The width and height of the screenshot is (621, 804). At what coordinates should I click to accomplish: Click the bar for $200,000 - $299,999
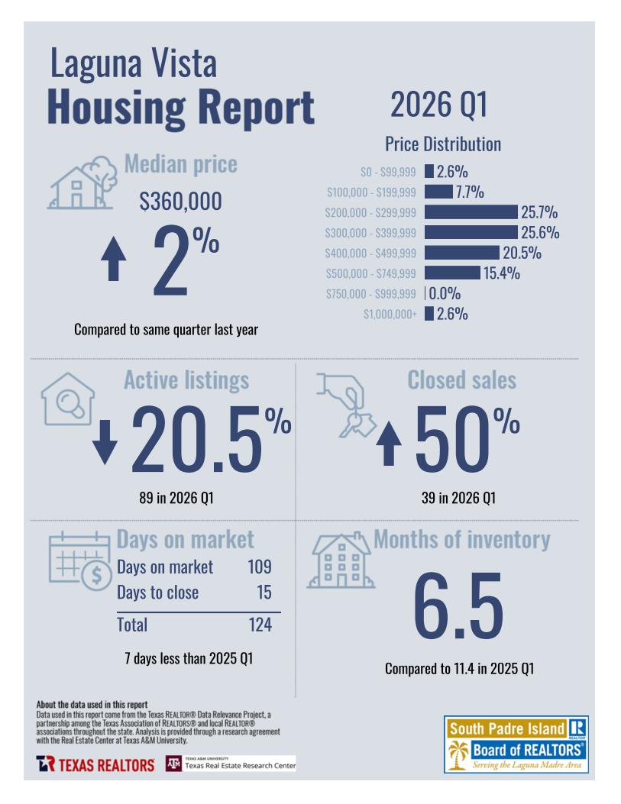pos(471,212)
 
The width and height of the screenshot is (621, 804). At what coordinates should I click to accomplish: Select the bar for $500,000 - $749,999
pos(451,273)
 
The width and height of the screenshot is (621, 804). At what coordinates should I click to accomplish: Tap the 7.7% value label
pos(470,192)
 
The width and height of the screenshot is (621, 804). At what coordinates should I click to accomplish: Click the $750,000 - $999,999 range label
pos(371,293)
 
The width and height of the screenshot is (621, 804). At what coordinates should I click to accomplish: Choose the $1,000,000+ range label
pos(390,314)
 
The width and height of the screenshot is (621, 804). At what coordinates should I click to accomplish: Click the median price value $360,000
pos(180,202)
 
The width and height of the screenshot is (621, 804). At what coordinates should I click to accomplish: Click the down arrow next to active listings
pos(105,444)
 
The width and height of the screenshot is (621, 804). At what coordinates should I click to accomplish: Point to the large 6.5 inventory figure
pos(458,605)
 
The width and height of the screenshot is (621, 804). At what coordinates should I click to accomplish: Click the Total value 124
pos(260,625)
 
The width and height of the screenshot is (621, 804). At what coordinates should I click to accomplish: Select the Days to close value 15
pos(264,593)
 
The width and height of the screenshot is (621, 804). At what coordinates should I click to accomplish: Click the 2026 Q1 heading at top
pos(438,105)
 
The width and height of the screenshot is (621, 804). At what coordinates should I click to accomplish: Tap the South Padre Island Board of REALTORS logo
pos(516,744)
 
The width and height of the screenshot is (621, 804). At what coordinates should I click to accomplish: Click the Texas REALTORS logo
pos(95,764)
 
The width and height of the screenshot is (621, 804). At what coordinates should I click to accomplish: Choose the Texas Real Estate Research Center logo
pos(231,764)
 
